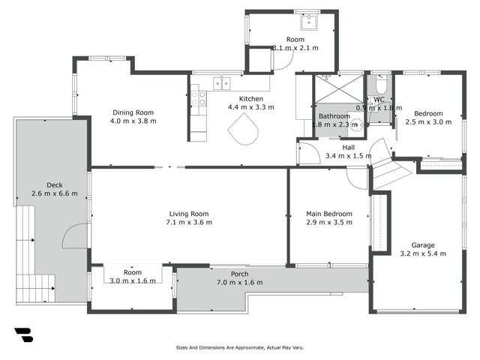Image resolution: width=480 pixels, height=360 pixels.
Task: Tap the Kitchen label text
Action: coord(250,98)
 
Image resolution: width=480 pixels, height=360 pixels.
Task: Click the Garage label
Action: coord(423,244)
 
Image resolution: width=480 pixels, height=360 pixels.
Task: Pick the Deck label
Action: coord(54,184)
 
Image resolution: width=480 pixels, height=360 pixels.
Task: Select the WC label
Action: coord(379,99)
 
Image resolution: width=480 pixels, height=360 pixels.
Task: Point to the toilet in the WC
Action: coord(379,79)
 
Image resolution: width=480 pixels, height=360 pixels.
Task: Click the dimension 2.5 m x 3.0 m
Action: coord(428,121)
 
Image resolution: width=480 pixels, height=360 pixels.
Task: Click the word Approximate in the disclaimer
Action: coord(242,348)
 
